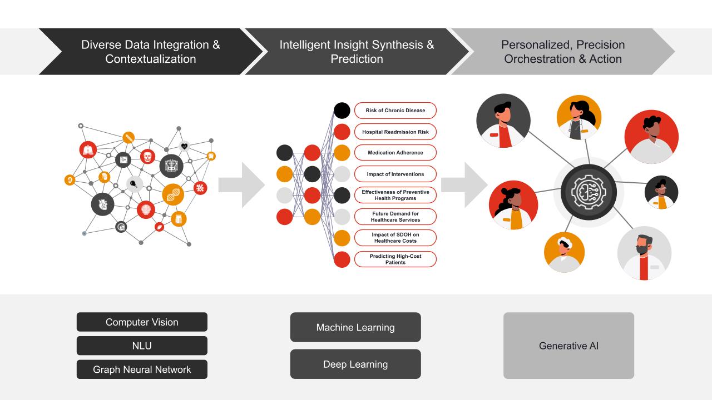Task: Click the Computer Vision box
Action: click(x=142, y=322)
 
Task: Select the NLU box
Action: click(x=142, y=346)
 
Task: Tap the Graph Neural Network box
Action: click(x=142, y=369)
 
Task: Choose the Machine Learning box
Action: click(x=355, y=327)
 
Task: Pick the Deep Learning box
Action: click(x=355, y=364)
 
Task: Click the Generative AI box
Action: click(x=568, y=346)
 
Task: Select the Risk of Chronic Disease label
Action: click(x=395, y=111)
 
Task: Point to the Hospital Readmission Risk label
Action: click(x=395, y=132)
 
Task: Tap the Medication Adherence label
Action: click(x=395, y=153)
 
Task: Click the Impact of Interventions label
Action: click(x=395, y=174)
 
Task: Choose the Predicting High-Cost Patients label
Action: click(x=395, y=259)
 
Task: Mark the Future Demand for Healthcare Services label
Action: click(x=395, y=217)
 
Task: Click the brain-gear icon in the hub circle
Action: click(x=589, y=192)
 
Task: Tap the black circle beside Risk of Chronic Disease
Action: click(x=342, y=110)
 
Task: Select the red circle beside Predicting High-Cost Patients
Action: click(x=342, y=259)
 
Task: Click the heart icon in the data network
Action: click(x=185, y=146)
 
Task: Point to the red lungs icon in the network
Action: click(x=88, y=149)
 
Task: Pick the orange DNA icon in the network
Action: click(x=173, y=194)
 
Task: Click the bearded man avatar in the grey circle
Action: click(x=644, y=253)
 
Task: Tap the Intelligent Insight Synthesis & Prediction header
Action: click(x=357, y=52)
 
